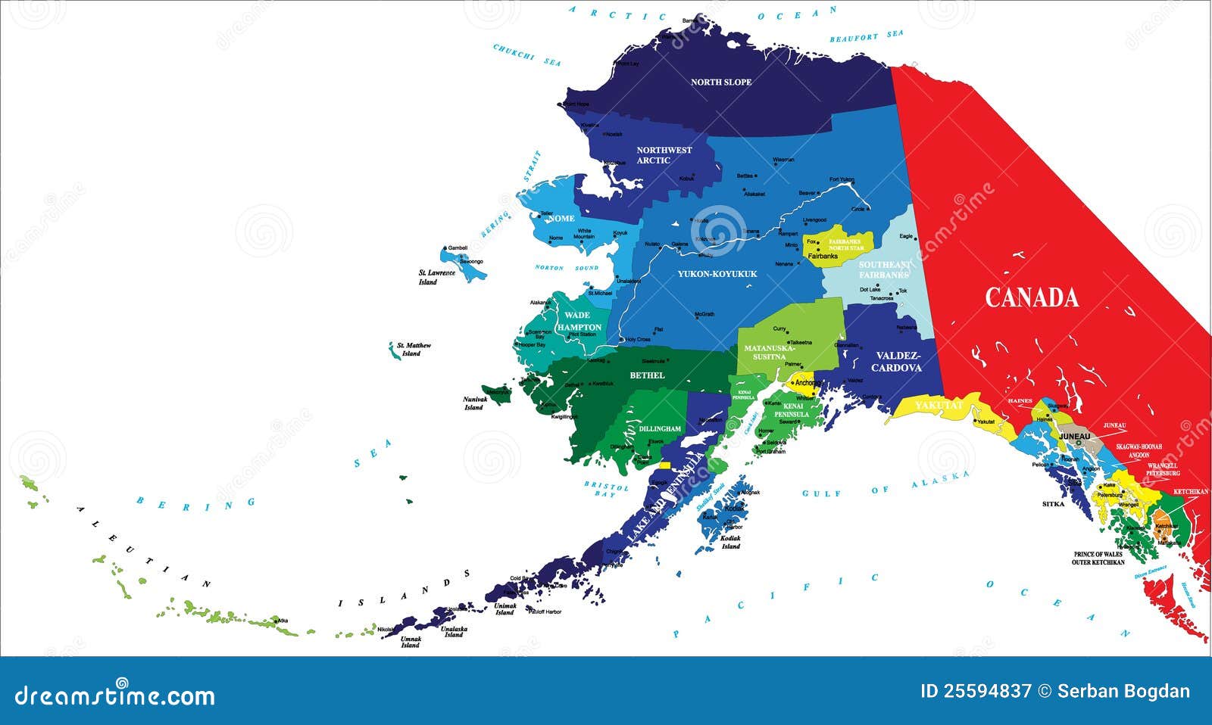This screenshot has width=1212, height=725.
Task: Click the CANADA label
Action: coord(1031,297)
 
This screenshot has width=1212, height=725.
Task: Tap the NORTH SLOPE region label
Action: coord(720,82)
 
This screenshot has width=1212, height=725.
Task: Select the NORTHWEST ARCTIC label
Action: coord(664,155)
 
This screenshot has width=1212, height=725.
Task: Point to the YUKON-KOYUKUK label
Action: coord(717,274)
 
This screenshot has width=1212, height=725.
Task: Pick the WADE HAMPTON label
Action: coord(578,321)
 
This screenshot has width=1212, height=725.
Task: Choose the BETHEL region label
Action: coord(647,375)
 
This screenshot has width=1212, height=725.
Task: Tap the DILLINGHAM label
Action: coord(660,428)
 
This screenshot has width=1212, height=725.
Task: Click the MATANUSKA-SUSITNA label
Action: coord(769,353)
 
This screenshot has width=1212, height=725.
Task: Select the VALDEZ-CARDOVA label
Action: coord(897,362)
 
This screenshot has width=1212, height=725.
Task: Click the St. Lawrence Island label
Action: coord(436,277)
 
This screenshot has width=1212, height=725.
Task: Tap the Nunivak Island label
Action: coord(473,403)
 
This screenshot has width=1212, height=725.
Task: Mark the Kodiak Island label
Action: coord(730,542)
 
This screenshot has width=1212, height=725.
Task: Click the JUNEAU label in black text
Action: coord(1074,437)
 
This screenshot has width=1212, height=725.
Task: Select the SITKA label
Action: coord(1053,504)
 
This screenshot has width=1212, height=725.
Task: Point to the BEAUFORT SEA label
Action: coord(866,36)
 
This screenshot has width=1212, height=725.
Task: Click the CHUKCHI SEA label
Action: coord(526,54)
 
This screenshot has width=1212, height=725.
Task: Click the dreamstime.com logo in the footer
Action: coord(115,694)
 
